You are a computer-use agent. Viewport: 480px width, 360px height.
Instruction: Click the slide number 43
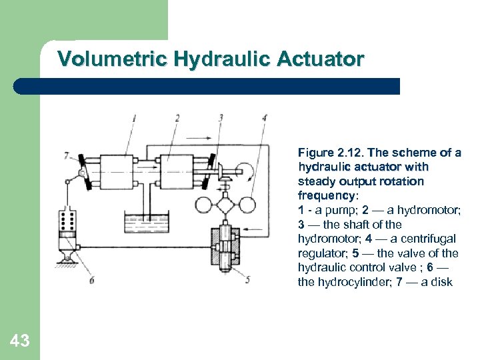[x=19, y=341]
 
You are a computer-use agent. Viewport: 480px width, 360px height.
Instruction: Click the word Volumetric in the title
[x=113, y=58]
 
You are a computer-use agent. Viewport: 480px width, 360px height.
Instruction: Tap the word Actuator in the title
[x=321, y=58]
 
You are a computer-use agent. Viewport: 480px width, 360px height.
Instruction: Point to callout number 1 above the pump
[x=134, y=118]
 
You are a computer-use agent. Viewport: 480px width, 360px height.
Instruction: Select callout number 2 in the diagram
[x=177, y=118]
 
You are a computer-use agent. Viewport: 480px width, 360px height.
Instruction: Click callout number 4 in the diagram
[x=265, y=118]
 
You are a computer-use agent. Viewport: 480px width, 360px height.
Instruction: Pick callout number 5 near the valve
[x=247, y=280]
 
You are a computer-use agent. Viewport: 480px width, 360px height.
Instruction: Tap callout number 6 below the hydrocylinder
[x=92, y=280]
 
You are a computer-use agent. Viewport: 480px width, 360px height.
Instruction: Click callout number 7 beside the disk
[x=67, y=156]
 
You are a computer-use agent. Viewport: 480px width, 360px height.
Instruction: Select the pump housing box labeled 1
[x=117, y=172]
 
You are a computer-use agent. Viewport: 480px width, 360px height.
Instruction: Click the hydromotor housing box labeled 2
[x=177, y=172]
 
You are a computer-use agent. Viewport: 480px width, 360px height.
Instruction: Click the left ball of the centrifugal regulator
[x=203, y=205]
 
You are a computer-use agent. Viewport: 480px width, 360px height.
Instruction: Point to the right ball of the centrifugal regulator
[x=247, y=205]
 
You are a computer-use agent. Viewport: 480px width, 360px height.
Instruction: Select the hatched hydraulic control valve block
[x=225, y=247]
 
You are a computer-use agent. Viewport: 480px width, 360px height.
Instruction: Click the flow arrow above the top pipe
[x=199, y=138]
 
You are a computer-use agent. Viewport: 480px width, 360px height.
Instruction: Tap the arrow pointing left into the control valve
[x=253, y=229]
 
